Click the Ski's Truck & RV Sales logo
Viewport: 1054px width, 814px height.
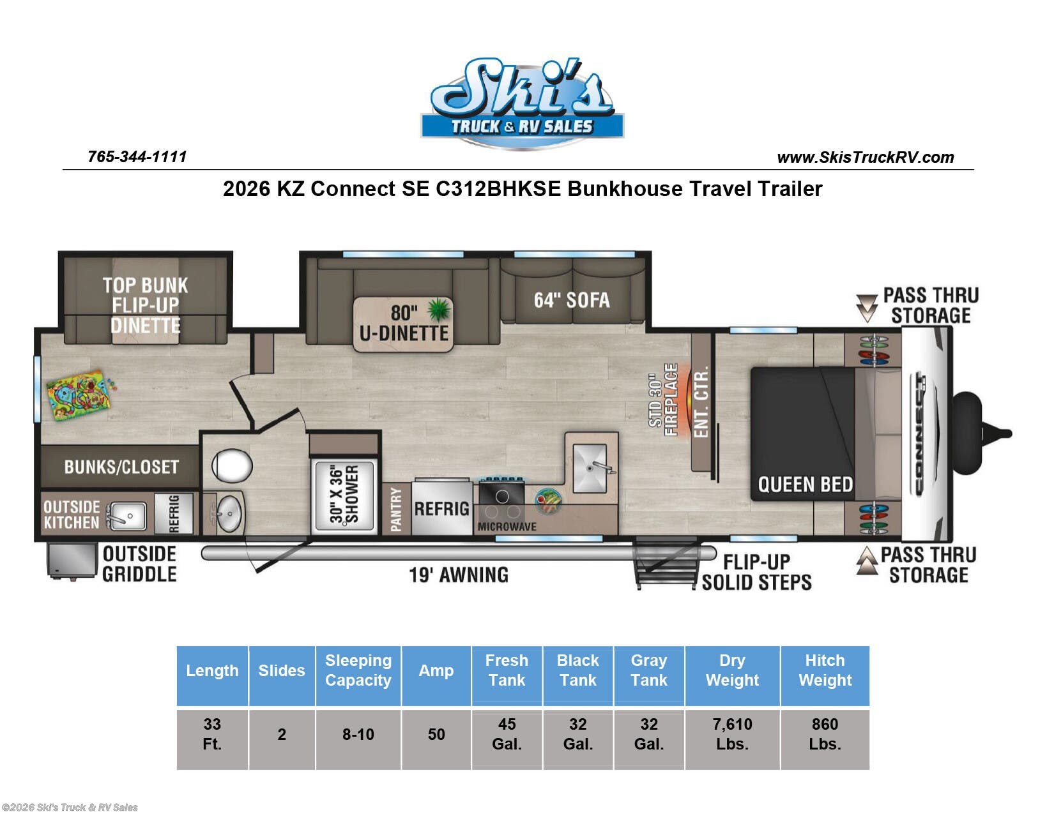522,102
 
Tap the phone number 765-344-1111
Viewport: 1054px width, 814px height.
137,156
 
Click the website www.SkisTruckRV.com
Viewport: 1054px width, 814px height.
865,157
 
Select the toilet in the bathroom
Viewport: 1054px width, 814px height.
232,465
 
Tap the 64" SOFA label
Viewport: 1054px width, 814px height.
572,299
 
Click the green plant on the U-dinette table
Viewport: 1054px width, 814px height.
439,310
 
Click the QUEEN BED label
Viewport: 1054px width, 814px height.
805,485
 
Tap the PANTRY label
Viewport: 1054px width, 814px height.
396,509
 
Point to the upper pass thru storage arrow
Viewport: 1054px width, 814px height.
867,307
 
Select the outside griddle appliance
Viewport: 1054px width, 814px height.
72,561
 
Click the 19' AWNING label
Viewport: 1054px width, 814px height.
458,575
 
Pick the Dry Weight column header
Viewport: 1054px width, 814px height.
732,670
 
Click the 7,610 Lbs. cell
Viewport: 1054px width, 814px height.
732,734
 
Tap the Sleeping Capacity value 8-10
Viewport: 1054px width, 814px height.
358,734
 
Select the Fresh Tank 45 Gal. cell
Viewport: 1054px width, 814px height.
507,734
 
